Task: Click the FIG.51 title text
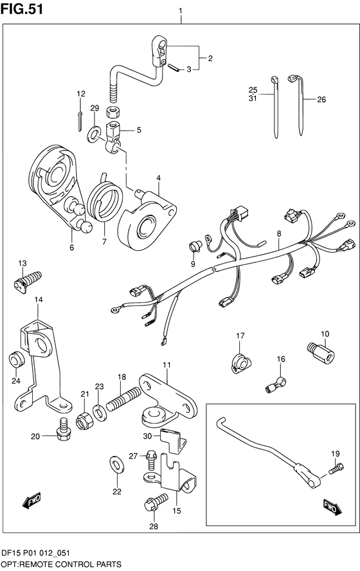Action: point(22,9)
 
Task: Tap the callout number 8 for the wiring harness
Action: point(279,234)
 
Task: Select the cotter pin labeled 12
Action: point(80,120)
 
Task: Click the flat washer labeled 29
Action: point(94,133)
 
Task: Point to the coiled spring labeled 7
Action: point(105,199)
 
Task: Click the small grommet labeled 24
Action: point(17,360)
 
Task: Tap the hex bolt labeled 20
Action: point(63,429)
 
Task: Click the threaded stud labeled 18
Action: point(124,399)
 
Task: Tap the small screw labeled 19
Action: point(336,468)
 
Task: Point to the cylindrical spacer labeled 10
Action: point(321,352)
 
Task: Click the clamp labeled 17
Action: point(241,363)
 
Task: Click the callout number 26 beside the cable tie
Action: point(321,100)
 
